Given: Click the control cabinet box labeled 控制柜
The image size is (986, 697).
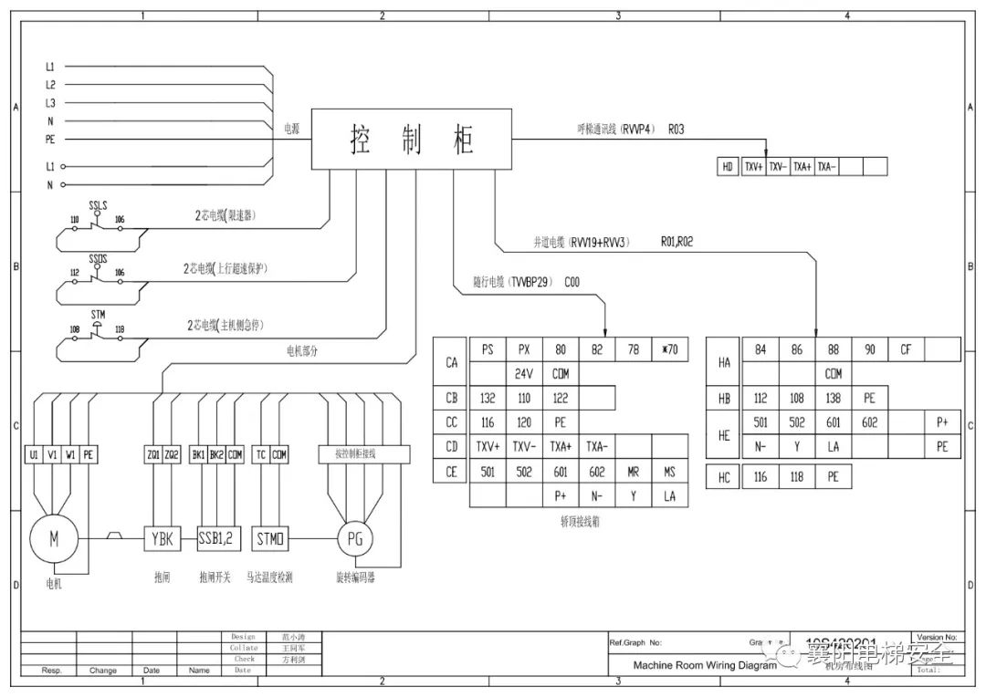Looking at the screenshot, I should tap(412, 140).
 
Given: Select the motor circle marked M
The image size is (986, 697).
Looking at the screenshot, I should tap(53, 539).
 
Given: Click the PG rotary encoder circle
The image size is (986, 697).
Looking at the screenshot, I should tap(355, 539).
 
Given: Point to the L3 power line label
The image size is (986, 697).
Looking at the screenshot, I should tap(50, 103).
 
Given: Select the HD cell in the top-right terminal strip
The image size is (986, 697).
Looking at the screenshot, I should tap(728, 167).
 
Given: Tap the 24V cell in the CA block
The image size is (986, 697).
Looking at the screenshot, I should tap(524, 373).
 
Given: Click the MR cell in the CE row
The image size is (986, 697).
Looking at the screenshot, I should tap(634, 472).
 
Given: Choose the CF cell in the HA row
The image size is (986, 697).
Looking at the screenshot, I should tap(906, 349).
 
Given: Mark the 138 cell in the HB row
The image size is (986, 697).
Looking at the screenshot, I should tap(833, 398).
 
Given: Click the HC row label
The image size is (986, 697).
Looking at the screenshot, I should tap(724, 476).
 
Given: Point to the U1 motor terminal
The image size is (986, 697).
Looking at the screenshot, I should tap(34, 453).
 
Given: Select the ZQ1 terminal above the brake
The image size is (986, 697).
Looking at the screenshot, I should tap(152, 453).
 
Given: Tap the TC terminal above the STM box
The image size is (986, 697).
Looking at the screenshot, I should tap(261, 453).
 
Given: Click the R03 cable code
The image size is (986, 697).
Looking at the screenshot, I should tap(676, 130).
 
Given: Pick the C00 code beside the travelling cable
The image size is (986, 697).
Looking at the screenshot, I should tap(572, 283).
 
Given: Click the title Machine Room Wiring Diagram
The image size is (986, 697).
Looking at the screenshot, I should tap(705, 665).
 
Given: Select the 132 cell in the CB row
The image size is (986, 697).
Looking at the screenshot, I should tap(488, 398).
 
